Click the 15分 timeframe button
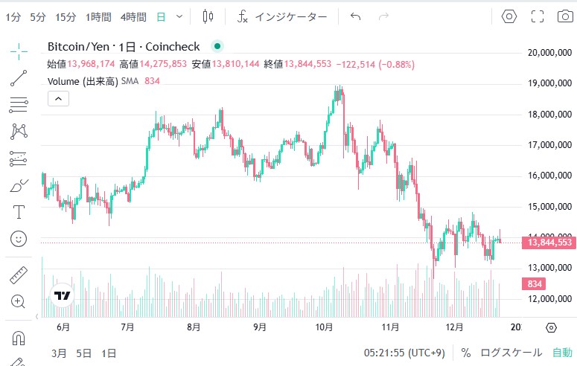tap(66, 16)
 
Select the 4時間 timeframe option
tap(133, 16)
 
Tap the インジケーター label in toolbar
tap(290, 16)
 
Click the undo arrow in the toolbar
tap(355, 16)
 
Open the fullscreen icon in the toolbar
tap(538, 16)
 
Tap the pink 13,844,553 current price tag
tap(550, 243)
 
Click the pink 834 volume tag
tap(535, 284)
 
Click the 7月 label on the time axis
tap(127, 327)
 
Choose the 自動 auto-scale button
tap(562, 352)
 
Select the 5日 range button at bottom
tap(85, 352)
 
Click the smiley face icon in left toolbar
tap(19, 239)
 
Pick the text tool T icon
tap(19, 212)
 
